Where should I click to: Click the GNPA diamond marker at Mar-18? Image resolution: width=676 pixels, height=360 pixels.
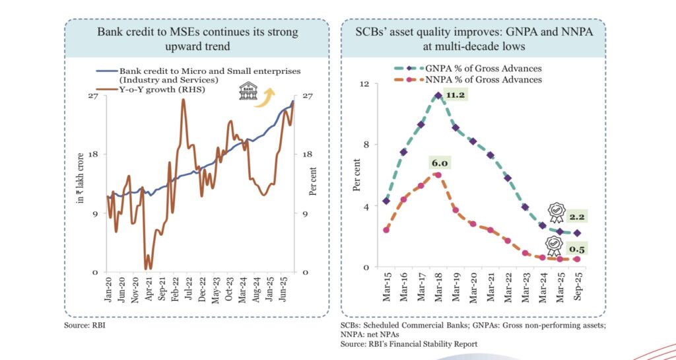coord(438,95)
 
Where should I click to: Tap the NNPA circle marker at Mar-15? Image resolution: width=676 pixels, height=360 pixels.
coord(386,230)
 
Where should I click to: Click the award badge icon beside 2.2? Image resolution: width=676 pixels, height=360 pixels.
coord(556,212)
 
